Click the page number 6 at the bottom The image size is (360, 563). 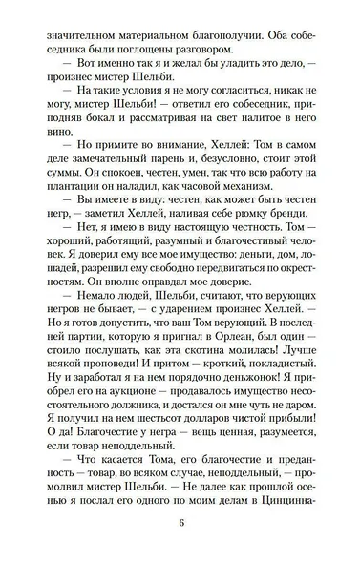point(180,523)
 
